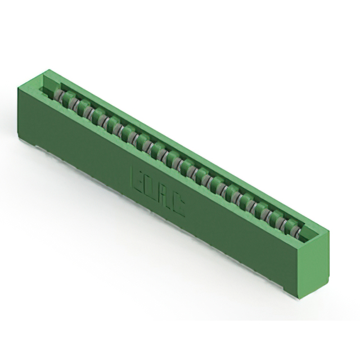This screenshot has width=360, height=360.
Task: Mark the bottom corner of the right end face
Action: pos(304,296)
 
